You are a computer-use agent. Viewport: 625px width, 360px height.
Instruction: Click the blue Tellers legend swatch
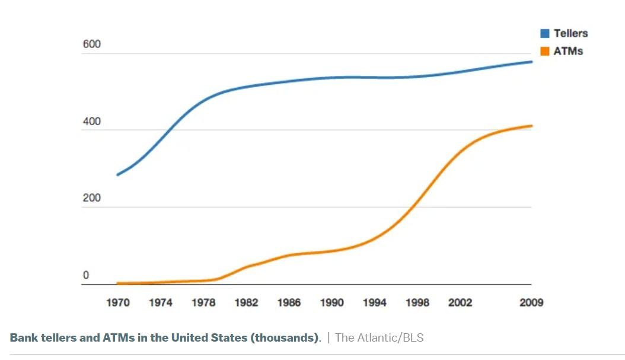[x=544, y=33]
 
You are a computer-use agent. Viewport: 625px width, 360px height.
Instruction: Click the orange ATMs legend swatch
[x=544, y=51]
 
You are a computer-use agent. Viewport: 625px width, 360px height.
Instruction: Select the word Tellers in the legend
[x=570, y=33]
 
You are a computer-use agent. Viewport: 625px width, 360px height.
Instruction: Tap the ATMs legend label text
[x=568, y=51]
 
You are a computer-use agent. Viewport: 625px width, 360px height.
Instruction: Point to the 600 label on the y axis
[x=92, y=44]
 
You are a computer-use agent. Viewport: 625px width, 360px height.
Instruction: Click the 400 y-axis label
[x=92, y=122]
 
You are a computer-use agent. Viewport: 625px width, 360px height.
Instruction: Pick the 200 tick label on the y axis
[x=92, y=198]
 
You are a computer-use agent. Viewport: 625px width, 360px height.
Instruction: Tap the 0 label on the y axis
[x=86, y=275]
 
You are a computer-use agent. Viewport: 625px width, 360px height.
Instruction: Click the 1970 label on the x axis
[x=118, y=302]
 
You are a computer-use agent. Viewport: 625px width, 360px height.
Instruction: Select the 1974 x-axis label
[x=161, y=302]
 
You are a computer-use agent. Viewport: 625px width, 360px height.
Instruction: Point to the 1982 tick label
[x=246, y=302]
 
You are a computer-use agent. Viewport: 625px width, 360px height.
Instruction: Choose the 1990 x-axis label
[x=332, y=302]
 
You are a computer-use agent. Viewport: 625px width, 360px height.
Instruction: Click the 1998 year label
[x=417, y=302]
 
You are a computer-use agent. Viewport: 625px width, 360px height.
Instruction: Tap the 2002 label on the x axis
[x=460, y=302]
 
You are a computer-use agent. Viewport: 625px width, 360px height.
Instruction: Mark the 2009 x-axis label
[x=531, y=302]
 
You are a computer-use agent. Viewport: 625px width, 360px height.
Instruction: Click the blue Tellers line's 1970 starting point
[x=118, y=174]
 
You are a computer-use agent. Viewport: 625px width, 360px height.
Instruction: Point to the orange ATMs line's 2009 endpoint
[x=531, y=126]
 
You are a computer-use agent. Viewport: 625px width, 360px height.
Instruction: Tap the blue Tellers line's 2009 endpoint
[x=531, y=62]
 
